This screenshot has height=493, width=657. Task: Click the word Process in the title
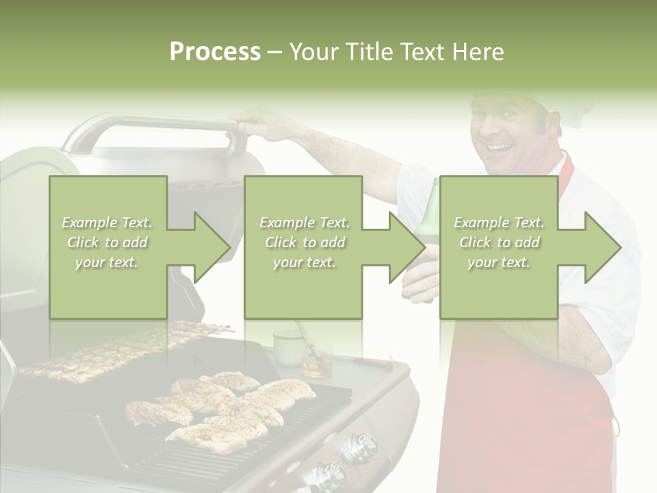pyautogui.click(x=215, y=52)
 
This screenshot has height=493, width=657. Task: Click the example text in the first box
pyautogui.click(x=107, y=242)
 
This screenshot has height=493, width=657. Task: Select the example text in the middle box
pyautogui.click(x=304, y=242)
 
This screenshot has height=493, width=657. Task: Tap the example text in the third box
pyautogui.click(x=499, y=242)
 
